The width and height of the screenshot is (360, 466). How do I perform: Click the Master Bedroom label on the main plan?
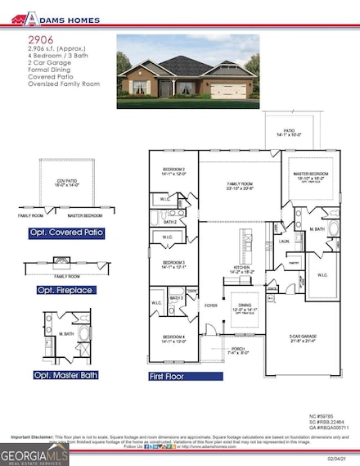pos(313,174)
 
